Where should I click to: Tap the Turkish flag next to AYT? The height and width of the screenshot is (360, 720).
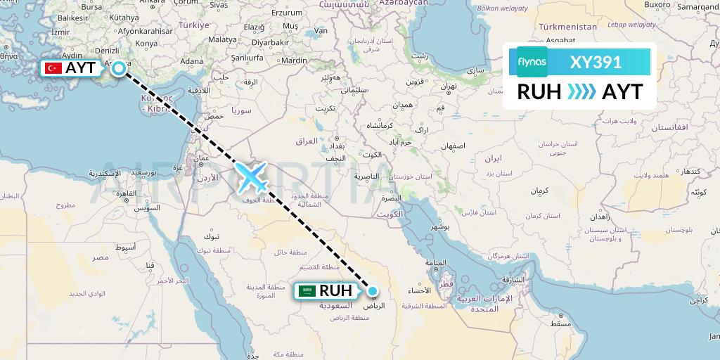(52, 68)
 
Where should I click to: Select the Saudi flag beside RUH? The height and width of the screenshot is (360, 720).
(306, 290)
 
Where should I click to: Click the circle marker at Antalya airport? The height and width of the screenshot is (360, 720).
(120, 68)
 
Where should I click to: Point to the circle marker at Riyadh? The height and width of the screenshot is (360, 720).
(373, 291)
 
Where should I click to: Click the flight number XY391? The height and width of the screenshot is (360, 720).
(596, 62)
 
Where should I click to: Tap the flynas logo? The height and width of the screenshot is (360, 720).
(532, 62)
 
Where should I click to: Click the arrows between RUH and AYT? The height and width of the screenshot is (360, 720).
(581, 91)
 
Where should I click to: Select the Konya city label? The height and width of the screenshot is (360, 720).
(146, 43)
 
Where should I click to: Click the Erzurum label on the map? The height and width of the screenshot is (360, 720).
(286, 12)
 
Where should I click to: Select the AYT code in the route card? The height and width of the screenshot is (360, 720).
(622, 91)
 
